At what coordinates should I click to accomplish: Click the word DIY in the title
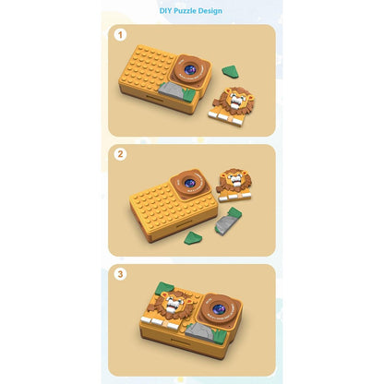(167, 11)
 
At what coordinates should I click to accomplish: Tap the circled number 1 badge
(121, 35)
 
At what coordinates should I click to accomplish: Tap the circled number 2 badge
(121, 154)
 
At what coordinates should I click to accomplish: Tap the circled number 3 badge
(121, 274)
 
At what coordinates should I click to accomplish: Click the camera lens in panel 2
(191, 184)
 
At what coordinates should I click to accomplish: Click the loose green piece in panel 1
(230, 71)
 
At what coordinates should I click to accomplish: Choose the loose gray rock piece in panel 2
(227, 222)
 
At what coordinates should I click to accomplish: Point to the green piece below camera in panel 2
(193, 237)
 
